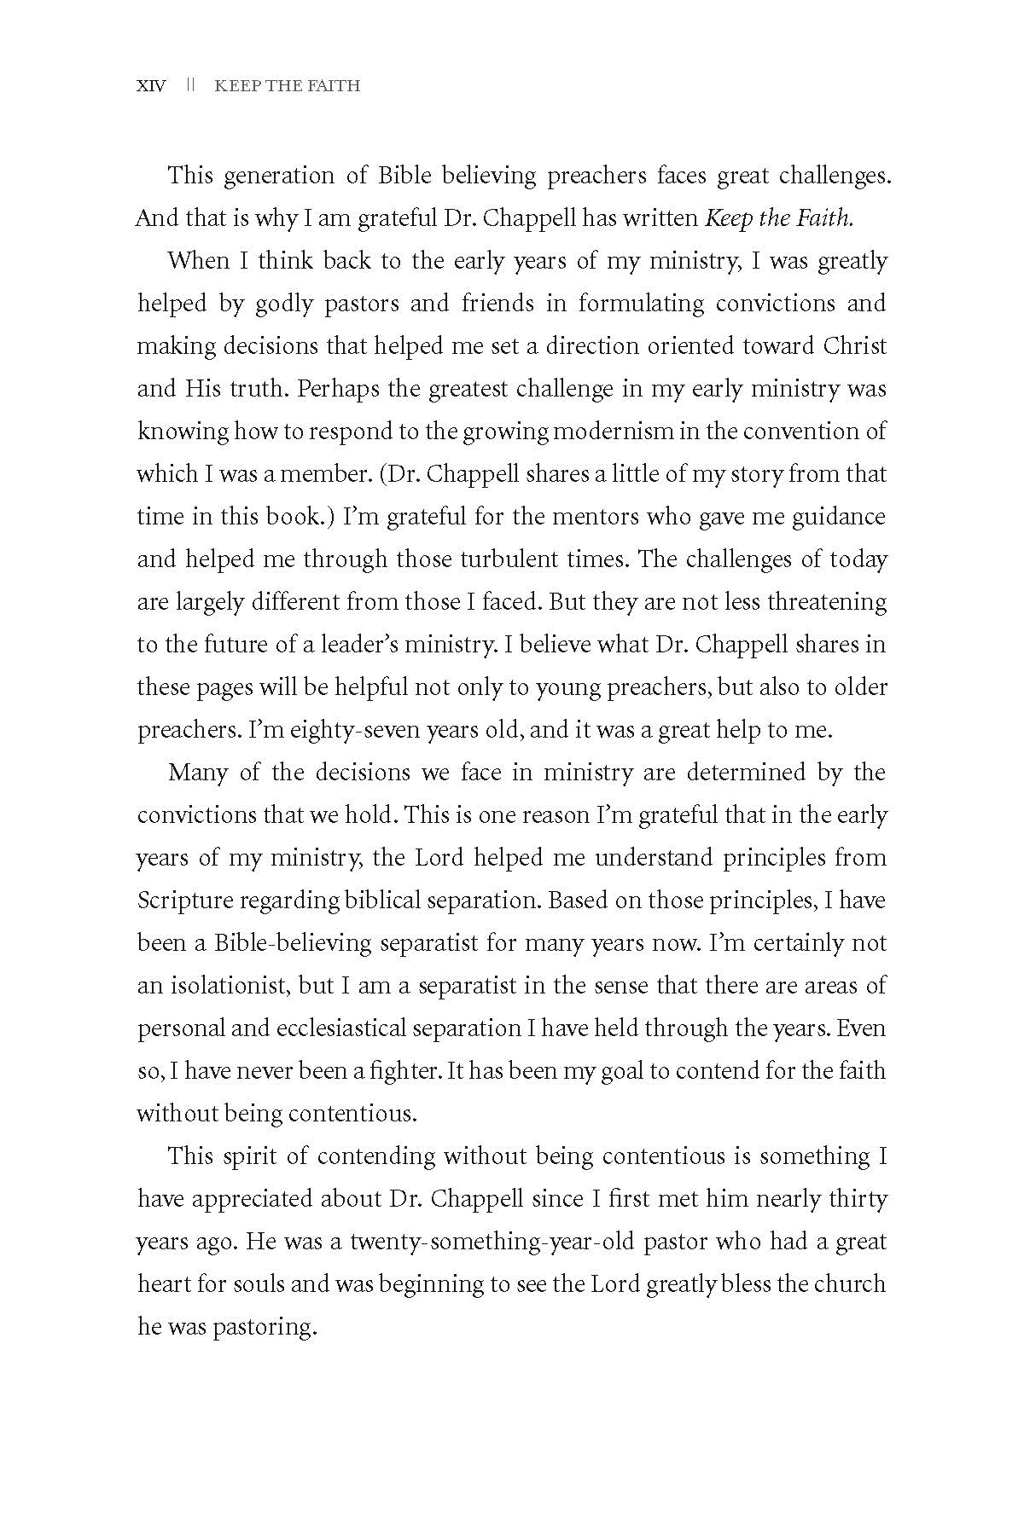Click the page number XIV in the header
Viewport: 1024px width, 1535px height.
click(x=152, y=85)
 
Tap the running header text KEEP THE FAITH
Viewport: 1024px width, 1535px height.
click(x=288, y=85)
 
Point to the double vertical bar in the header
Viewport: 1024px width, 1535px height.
click(x=192, y=85)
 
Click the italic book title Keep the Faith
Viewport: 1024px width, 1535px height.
click(x=779, y=218)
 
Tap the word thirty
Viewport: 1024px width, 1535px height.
click(x=858, y=1199)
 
